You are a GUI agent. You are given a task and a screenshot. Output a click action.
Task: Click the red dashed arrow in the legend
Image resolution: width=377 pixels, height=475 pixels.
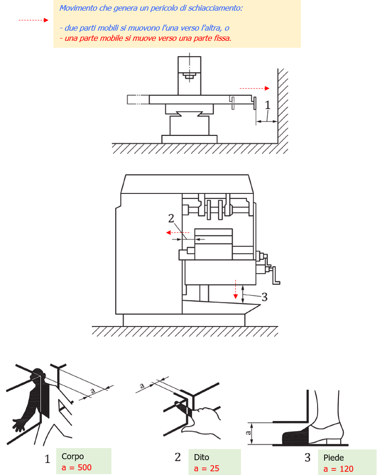tap(33, 20)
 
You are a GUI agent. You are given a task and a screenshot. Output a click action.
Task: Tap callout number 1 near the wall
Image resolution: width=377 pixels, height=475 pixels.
tap(267, 105)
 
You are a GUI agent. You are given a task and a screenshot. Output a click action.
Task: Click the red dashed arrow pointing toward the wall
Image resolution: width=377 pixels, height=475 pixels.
tap(254, 88)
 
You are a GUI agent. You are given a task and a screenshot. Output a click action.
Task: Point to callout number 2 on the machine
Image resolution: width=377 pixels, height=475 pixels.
tap(171, 218)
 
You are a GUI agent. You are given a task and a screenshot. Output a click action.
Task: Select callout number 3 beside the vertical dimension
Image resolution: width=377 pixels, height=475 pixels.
tap(264, 297)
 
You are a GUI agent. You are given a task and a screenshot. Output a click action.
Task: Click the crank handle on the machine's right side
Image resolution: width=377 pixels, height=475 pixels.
tap(277, 276)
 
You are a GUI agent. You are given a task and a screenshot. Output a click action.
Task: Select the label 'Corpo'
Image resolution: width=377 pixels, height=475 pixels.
tap(72, 456)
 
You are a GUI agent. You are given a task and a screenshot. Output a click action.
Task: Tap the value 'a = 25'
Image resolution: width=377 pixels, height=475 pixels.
tap(207, 469)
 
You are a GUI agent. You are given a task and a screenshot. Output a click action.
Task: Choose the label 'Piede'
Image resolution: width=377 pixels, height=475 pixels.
tap(334, 458)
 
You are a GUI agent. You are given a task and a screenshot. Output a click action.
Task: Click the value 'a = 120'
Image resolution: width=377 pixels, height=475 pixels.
tap(338, 469)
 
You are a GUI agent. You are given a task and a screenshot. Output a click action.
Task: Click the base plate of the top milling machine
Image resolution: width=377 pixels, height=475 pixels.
tap(189, 139)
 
